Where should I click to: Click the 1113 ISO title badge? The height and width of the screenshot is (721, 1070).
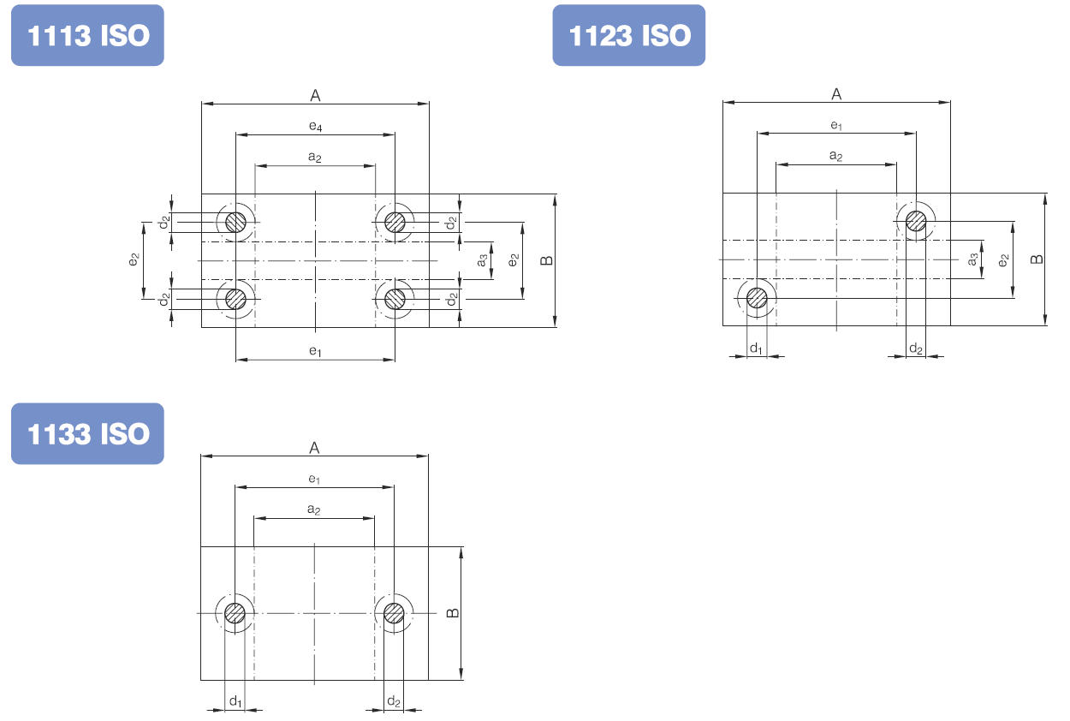point(87,35)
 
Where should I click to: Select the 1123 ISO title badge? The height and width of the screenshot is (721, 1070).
point(628,35)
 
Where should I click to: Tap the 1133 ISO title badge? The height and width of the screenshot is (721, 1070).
point(87,433)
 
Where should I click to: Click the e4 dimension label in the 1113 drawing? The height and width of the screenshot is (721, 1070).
point(315,126)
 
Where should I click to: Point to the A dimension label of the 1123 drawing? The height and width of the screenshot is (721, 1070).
point(836,94)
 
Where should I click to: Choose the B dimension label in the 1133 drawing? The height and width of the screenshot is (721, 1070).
point(452,612)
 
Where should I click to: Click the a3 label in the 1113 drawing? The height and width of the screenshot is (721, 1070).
point(482,260)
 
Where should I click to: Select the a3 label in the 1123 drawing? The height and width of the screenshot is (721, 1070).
point(972,259)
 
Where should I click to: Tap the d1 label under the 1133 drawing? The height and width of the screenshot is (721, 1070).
point(235,701)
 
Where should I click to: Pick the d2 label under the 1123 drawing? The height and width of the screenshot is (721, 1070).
point(916,349)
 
